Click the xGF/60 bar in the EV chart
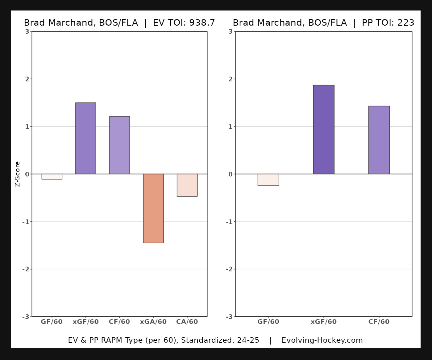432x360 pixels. tap(86, 138)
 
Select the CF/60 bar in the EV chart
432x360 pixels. tap(119, 145)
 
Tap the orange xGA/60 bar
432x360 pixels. tap(153, 208)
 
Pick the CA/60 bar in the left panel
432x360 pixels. tap(187, 185)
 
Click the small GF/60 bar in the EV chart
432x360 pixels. tap(52, 177)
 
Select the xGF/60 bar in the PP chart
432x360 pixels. tap(324, 129)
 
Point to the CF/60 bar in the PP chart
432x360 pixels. tap(379, 140)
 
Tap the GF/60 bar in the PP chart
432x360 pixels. tap(268, 180)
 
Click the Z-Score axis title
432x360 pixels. tap(18, 174)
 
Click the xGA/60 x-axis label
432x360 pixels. tap(153, 322)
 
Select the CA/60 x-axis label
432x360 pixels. tap(187, 322)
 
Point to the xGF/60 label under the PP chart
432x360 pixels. tap(324, 322)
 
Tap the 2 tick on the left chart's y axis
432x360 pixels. tap(27, 79)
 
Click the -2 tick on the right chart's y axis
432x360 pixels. tap(230, 269)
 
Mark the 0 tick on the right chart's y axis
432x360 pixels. tap(231, 174)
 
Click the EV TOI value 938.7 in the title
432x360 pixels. tap(202, 23)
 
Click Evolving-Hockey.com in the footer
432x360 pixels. tap(322, 340)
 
